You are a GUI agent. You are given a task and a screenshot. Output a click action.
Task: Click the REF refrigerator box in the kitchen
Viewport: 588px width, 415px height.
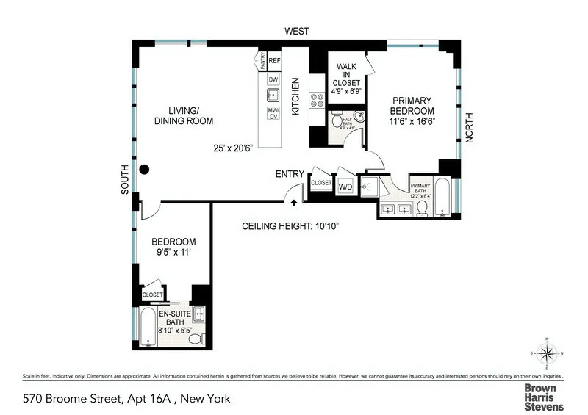274,60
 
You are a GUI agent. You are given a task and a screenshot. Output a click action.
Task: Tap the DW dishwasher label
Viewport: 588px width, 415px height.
273,79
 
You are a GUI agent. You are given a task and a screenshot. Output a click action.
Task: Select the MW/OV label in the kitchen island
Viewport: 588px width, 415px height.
273,113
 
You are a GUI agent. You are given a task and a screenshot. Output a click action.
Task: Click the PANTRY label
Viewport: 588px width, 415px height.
261,60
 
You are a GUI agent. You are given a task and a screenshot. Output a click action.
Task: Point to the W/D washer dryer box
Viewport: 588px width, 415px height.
345,187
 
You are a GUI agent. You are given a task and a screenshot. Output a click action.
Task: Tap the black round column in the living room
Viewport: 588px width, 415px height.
145,169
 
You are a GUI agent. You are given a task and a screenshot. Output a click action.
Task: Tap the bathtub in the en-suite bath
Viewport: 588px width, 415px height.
147,328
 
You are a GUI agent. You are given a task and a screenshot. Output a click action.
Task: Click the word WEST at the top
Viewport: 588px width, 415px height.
297,32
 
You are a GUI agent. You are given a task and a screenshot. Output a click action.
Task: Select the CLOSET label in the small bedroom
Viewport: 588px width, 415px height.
153,295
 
